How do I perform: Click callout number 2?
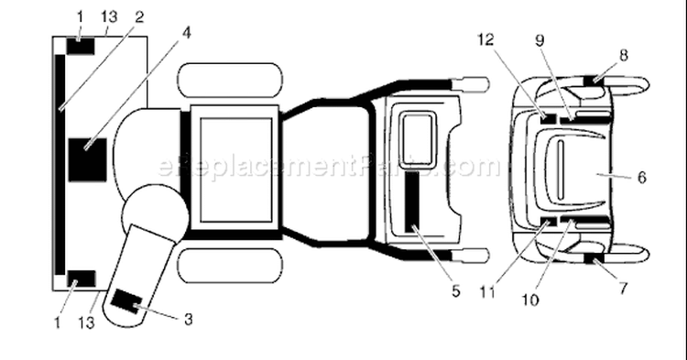coord(139,17)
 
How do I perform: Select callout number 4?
coord(186,33)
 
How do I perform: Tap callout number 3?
coord(188,320)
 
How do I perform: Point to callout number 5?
coord(455,290)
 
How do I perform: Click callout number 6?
coord(641,178)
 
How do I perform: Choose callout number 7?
coord(623,289)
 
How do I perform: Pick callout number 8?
coord(624,55)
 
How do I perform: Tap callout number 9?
coord(540,40)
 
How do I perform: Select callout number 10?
coord(529,300)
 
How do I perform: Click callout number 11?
coord(487,292)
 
